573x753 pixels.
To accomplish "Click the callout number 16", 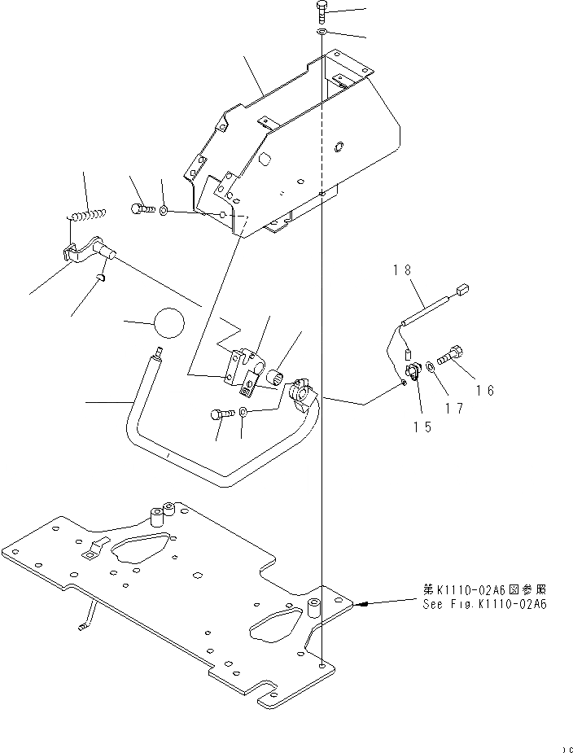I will coord(485,390).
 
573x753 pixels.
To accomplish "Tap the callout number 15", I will coord(421,424).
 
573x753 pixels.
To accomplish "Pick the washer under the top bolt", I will coord(321,32).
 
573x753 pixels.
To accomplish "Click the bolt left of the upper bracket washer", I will coord(141,209).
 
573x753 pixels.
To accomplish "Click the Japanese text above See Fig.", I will coord(484,589).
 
